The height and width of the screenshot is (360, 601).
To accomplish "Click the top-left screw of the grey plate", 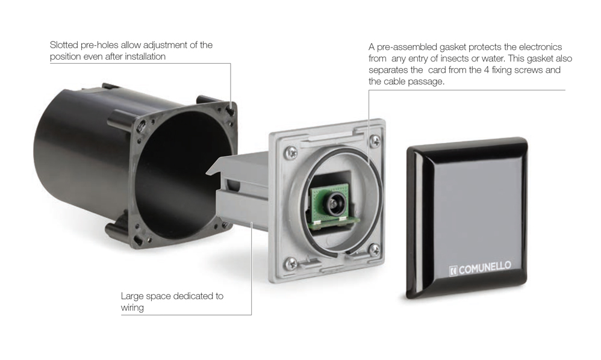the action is click(x=291, y=153).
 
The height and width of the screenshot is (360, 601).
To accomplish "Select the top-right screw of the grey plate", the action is click(x=374, y=140).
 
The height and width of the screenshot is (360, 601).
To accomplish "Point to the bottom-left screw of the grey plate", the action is click(x=291, y=262).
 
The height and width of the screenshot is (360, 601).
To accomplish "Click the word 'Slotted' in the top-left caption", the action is click(x=64, y=45).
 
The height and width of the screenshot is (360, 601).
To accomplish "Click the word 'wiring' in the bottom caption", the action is click(x=132, y=308).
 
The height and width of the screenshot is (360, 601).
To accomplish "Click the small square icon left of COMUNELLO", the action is click(x=453, y=271).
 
